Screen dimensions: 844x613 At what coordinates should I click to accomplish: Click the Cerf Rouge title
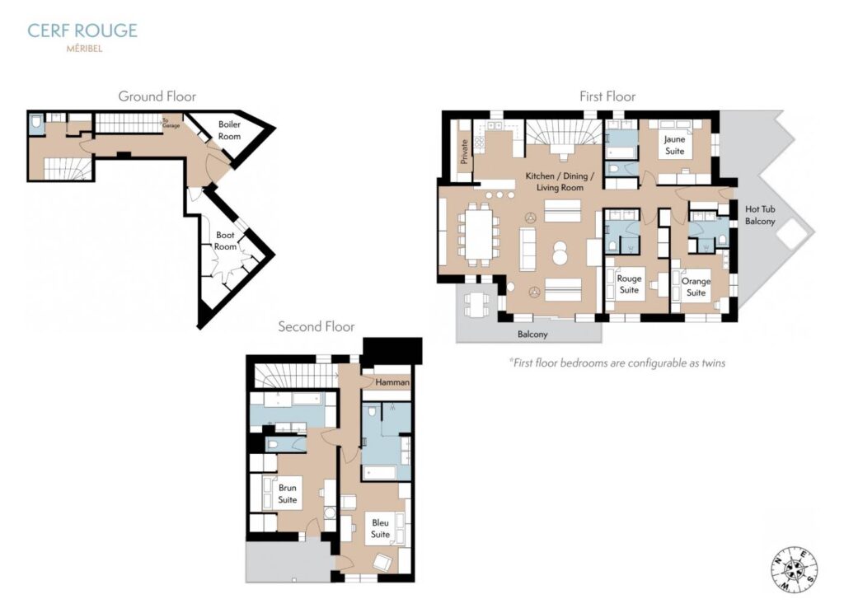82,30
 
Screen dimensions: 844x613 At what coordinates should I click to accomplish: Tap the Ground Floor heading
157,96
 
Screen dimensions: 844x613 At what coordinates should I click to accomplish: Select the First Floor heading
607,96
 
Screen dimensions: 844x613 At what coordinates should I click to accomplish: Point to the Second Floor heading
316,326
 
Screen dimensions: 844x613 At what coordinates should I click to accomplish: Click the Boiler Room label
229,130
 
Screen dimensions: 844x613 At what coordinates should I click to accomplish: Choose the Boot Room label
225,241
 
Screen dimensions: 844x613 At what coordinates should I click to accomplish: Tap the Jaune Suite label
674,145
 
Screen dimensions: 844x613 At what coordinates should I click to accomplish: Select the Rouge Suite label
629,284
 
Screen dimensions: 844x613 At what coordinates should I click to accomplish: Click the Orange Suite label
696,287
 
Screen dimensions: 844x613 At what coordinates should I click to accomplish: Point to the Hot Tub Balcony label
760,215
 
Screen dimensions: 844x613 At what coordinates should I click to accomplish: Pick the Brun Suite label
288,494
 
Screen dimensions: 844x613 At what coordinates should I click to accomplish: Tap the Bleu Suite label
380,528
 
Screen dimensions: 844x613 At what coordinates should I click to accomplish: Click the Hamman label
392,382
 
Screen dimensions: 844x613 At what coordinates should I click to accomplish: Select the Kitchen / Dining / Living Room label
560,182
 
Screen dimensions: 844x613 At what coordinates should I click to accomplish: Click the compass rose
795,569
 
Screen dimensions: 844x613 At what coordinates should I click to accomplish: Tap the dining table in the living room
479,235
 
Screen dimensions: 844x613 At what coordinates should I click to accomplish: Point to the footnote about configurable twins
617,363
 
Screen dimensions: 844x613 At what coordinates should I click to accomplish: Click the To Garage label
171,124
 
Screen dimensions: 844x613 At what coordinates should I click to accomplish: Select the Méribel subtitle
85,49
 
